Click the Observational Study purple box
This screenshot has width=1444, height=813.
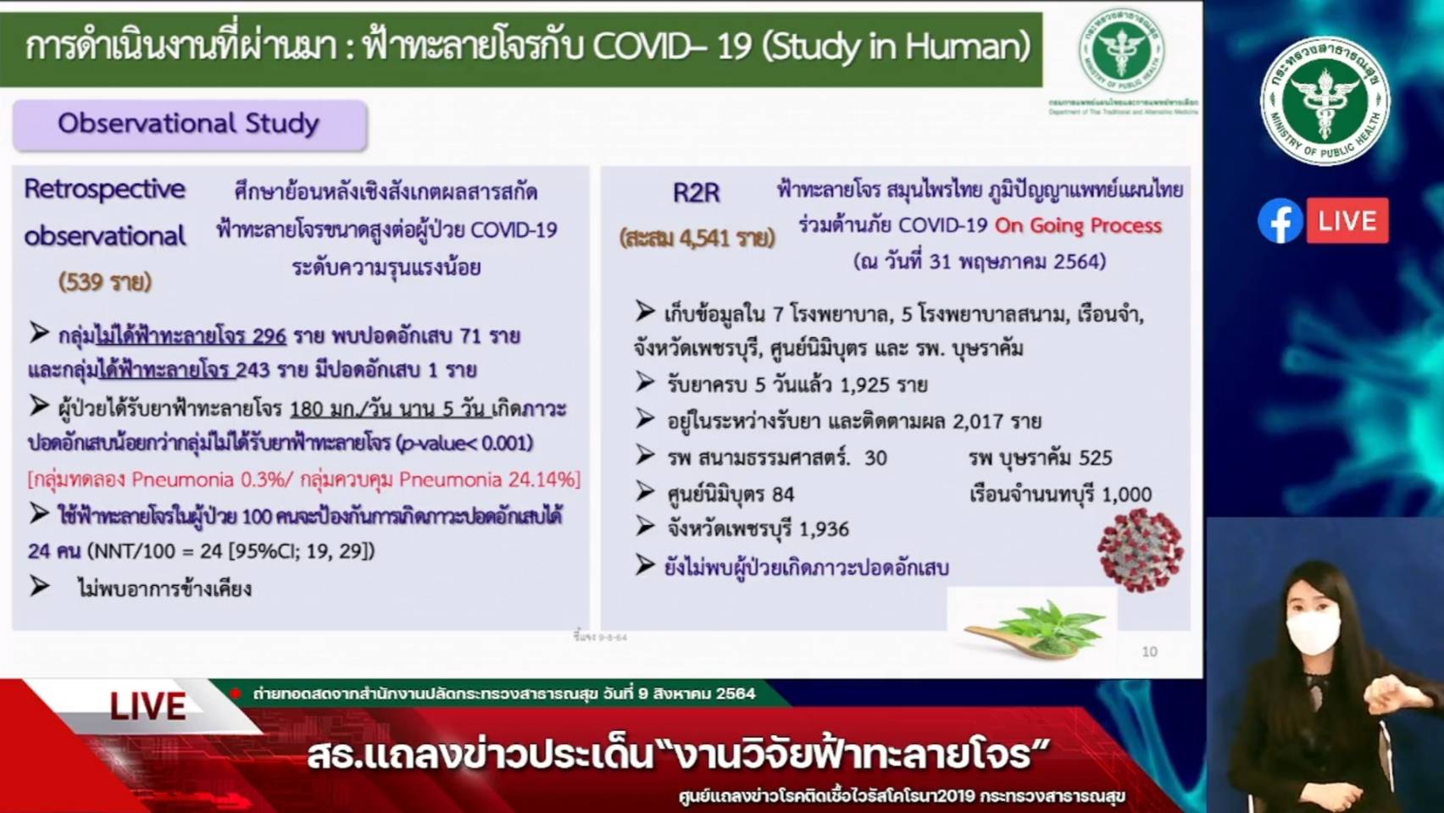click(189, 124)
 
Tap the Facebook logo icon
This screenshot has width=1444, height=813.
click(1280, 221)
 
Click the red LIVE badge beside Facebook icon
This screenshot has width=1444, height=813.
click(1347, 221)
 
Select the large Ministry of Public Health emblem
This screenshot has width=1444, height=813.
click(1325, 101)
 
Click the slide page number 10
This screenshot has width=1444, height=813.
click(1149, 651)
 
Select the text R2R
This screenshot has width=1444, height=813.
click(696, 193)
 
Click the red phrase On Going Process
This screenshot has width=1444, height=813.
click(1078, 225)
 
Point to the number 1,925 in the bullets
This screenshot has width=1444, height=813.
click(866, 384)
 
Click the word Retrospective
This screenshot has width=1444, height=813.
click(104, 189)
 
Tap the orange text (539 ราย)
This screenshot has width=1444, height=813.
click(105, 281)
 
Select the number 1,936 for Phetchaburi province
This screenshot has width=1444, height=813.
click(823, 529)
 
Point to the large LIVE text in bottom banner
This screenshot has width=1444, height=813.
click(147, 706)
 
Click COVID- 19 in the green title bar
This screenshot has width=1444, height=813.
click(671, 46)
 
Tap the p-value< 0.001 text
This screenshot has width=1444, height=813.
click(465, 443)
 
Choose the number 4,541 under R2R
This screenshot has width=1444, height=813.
click(703, 238)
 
